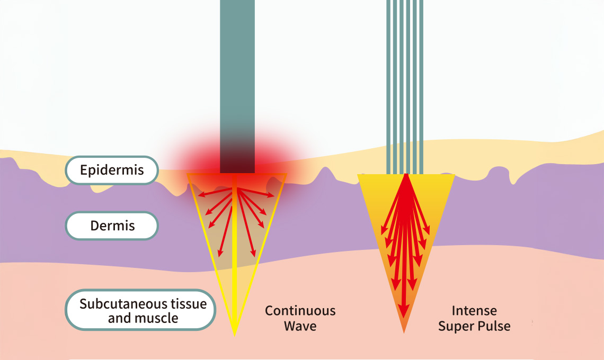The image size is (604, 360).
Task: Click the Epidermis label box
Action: coord(112,170)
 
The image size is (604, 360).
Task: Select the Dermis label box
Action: coord(112,226)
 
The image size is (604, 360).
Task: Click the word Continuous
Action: coord(300,311)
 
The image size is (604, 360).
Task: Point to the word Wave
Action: coord(300,326)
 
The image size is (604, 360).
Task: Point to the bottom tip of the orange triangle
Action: coord(404,332)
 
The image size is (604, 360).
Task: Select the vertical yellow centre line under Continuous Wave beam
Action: coord(235,254)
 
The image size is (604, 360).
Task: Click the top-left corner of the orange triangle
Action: coord(359,175)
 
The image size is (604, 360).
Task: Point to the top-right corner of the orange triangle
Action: coord(454,175)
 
